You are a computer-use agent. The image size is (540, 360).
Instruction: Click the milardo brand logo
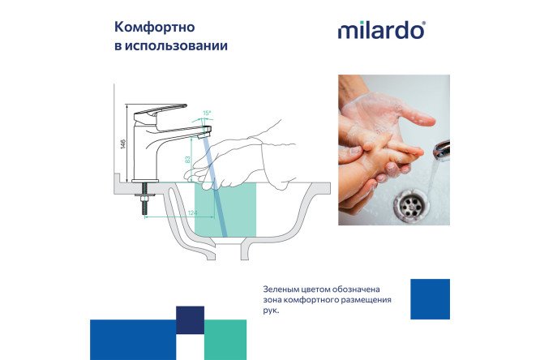(381, 31)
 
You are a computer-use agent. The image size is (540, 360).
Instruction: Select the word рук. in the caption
(270, 310)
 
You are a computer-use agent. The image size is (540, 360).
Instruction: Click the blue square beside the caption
(430, 299)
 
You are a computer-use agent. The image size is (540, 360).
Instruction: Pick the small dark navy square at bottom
(190, 319)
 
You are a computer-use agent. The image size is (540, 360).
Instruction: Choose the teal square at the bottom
(225, 341)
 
